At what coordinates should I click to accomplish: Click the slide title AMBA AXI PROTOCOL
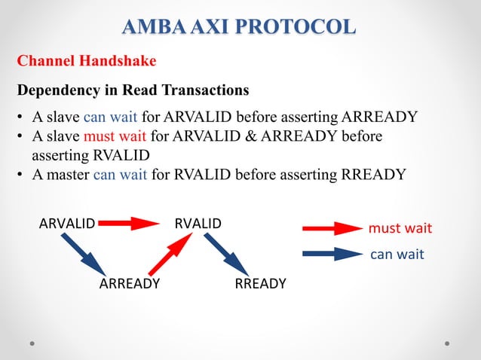point(240,27)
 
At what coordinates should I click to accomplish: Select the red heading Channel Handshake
point(86,60)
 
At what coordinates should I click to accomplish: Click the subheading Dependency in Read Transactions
point(133,90)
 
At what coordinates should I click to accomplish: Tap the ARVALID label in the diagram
point(67,224)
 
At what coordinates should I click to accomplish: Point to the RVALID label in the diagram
point(198,224)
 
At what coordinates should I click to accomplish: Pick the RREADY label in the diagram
point(261,284)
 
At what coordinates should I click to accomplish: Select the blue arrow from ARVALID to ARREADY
point(84,253)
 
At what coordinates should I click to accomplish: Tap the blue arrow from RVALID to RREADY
point(225,254)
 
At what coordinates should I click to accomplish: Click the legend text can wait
point(397,255)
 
